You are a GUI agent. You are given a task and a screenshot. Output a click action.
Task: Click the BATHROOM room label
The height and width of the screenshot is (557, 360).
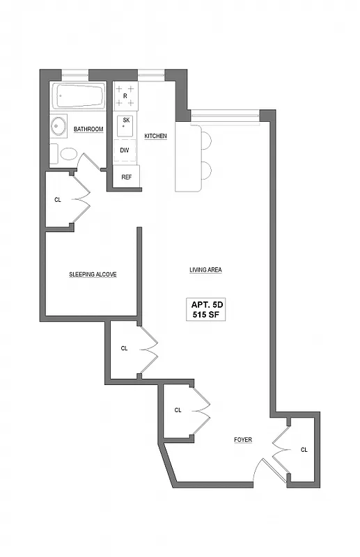(88, 130)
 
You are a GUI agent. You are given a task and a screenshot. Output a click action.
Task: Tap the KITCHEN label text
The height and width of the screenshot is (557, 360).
(155, 136)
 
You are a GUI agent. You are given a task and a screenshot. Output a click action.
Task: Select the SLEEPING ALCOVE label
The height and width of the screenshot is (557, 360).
(92, 274)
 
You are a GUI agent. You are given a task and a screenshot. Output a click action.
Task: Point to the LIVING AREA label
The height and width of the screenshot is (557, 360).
(205, 270)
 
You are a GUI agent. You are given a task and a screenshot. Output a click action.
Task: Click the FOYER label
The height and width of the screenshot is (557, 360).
(242, 440)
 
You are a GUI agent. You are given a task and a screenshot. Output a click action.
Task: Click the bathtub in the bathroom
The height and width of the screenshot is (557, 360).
(78, 95)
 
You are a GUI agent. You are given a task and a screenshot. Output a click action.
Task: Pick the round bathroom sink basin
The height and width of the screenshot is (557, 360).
(58, 127)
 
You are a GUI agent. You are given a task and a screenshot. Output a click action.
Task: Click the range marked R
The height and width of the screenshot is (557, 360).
(125, 95)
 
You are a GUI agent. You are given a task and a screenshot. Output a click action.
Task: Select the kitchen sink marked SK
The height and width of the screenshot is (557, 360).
(126, 123)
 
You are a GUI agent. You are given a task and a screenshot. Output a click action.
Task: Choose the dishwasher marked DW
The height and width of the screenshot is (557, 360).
(125, 150)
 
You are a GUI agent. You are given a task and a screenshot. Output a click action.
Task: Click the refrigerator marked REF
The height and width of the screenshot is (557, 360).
(126, 177)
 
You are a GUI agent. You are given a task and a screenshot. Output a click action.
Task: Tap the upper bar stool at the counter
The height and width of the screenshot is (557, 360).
(205, 139)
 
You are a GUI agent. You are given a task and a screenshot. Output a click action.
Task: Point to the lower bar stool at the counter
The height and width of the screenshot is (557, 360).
(205, 170)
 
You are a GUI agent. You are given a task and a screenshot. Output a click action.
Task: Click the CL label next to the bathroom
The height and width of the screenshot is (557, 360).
(58, 200)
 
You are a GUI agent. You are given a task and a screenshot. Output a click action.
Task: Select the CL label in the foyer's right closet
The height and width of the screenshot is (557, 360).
(304, 450)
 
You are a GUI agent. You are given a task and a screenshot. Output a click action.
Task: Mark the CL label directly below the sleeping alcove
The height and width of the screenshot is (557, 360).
(124, 348)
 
